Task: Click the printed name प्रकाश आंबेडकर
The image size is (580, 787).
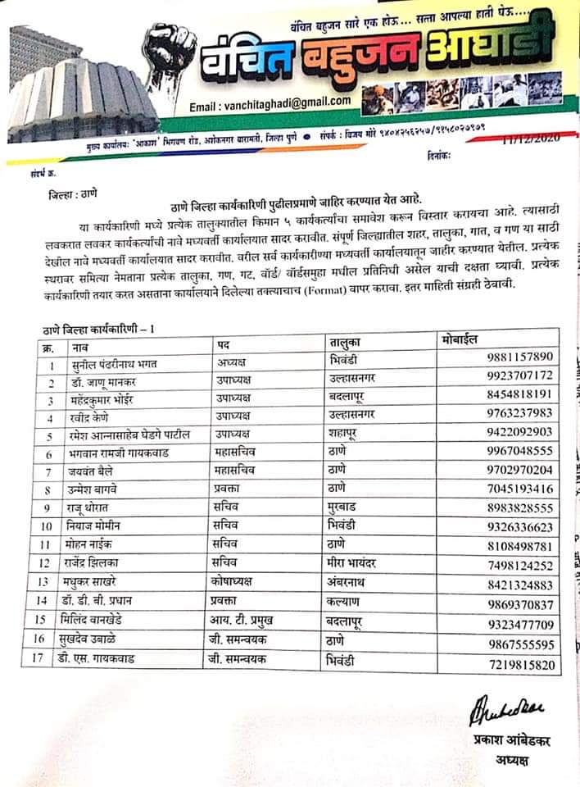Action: pyautogui.click(x=512, y=741)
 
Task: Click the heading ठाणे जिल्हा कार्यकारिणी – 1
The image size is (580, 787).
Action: pyautogui.click(x=98, y=328)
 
